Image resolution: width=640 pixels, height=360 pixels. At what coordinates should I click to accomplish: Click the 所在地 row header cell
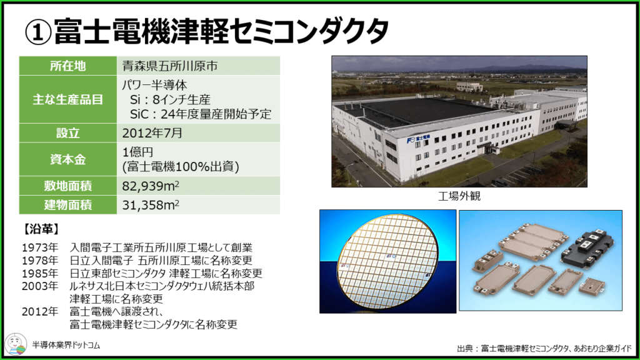click(67, 66)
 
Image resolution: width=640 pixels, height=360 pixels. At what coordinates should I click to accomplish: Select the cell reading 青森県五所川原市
click(198, 66)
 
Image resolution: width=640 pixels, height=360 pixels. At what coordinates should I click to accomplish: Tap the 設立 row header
click(67, 133)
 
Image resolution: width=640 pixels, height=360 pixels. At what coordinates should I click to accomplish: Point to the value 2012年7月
click(152, 133)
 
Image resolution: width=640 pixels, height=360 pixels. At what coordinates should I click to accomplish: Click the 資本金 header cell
click(67, 159)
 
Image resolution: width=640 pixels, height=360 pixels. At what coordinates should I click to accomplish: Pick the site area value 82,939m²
click(151, 186)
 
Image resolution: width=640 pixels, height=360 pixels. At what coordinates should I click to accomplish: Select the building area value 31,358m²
click(151, 205)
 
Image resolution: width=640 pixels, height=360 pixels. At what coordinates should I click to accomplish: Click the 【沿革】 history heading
click(41, 229)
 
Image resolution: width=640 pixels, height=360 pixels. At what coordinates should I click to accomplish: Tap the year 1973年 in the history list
click(40, 247)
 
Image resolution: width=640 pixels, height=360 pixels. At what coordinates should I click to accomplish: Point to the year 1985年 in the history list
click(40, 273)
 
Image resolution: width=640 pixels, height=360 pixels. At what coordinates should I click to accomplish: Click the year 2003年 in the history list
click(40, 286)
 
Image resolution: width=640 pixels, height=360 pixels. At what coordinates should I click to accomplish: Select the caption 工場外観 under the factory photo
click(459, 196)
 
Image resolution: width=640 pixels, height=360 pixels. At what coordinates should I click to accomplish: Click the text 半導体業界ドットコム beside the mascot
click(66, 345)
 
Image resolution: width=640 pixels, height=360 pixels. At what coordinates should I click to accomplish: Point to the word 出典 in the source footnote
click(464, 348)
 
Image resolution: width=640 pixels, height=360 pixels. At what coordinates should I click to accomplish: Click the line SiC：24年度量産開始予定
click(201, 114)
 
